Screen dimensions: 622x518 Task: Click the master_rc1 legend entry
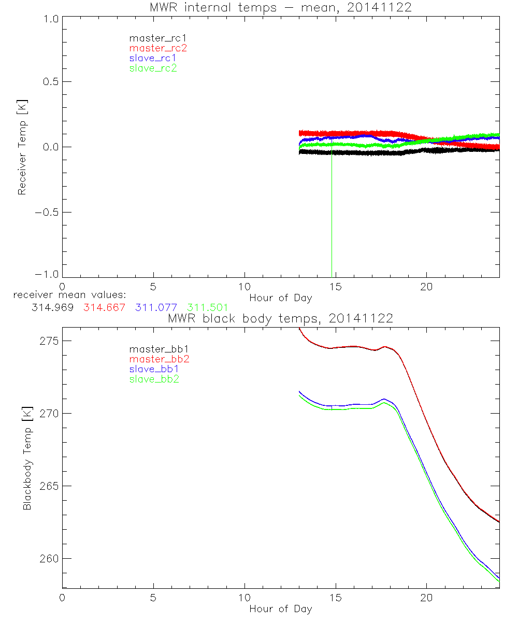pos(153,38)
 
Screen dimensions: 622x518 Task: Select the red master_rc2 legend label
pos(158,48)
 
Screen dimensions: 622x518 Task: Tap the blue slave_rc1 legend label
pos(153,58)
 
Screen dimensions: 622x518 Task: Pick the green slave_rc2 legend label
pos(153,68)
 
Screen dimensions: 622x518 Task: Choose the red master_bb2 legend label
pos(155,359)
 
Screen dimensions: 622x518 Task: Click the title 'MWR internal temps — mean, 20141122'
pos(281,7)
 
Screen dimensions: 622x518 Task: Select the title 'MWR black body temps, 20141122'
pos(281,318)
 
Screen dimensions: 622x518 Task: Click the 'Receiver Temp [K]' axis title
pos(22,147)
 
